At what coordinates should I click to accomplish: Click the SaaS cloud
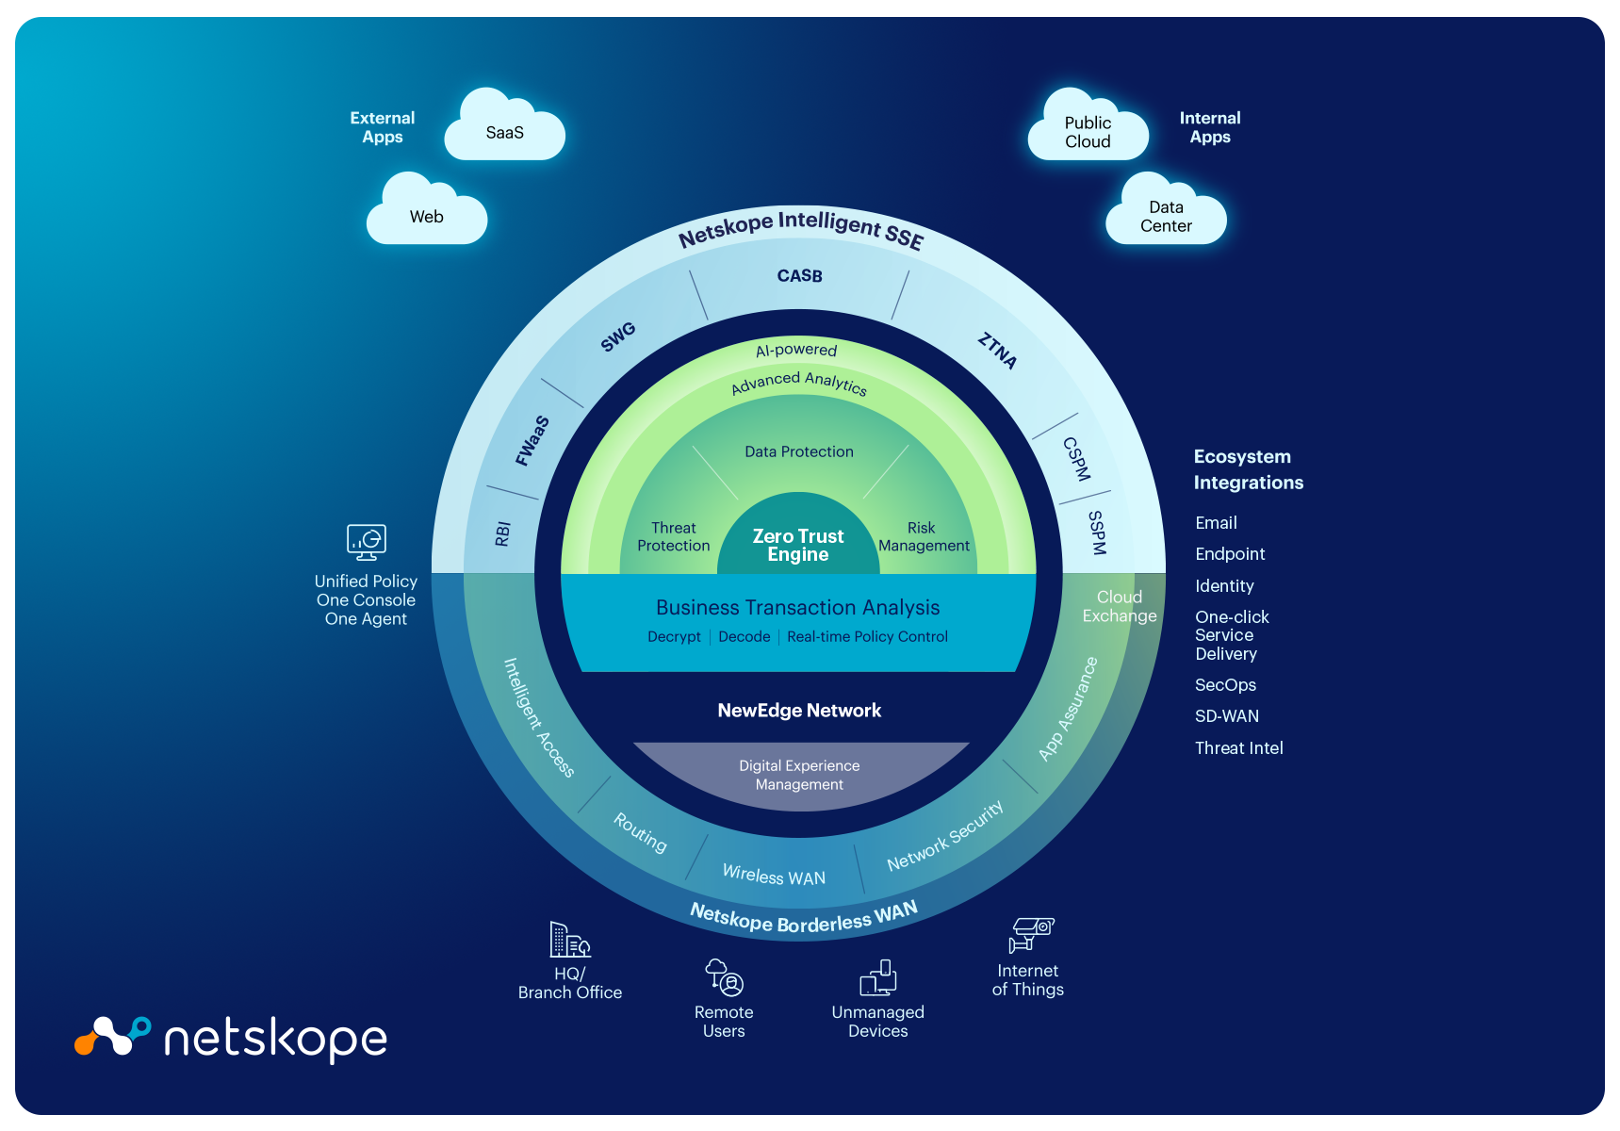tap(504, 132)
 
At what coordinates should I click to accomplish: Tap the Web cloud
tap(427, 217)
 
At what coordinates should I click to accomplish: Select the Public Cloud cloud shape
tap(1088, 132)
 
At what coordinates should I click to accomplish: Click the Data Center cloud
tap(1166, 217)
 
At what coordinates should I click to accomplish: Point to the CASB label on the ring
tap(799, 276)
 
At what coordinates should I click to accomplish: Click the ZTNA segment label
tap(997, 351)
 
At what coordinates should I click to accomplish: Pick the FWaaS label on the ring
tap(532, 440)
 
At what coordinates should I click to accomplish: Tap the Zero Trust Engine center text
tap(798, 545)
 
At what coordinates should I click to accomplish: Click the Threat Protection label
tap(673, 536)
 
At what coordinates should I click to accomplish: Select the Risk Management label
tap(924, 536)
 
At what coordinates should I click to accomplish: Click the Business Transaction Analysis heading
tap(797, 607)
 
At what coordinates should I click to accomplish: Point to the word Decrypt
tap(674, 637)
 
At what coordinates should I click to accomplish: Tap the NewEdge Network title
tap(799, 711)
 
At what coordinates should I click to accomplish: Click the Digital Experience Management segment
tap(799, 775)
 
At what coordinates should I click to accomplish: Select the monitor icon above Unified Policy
tap(366, 542)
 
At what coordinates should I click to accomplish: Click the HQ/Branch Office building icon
tap(569, 940)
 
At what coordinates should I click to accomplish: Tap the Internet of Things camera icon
tap(1031, 934)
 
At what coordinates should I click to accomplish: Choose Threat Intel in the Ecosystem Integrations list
tap(1238, 748)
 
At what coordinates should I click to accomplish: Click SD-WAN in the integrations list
tap(1226, 716)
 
